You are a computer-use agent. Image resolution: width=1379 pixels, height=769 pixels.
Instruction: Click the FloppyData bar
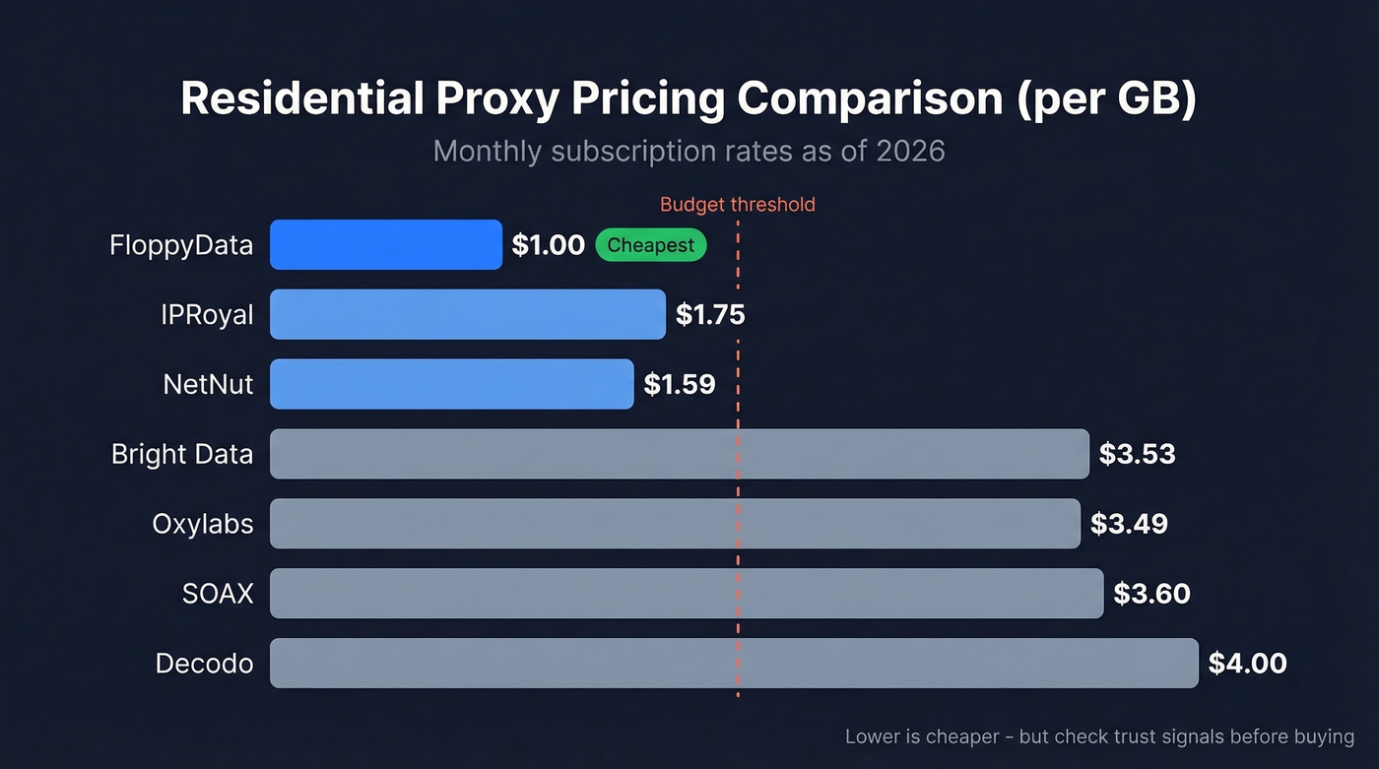click(386, 245)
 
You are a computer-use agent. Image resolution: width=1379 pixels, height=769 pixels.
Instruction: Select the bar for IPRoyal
click(468, 314)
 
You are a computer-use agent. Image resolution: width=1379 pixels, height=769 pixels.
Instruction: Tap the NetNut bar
click(451, 384)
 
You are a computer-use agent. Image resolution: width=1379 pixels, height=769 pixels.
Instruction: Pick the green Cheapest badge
click(650, 245)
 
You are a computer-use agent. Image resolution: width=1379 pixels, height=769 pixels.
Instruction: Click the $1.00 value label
click(548, 245)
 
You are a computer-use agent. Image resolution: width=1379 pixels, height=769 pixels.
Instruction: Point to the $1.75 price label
click(710, 315)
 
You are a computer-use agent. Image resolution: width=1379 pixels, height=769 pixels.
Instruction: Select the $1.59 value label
click(680, 384)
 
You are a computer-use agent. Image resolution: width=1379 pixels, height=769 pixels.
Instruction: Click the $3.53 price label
click(1138, 454)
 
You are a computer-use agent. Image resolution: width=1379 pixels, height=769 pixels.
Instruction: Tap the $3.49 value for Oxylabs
click(1129, 524)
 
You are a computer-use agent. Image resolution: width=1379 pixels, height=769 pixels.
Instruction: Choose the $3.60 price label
click(1151, 594)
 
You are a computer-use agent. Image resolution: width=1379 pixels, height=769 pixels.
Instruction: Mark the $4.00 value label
click(1247, 664)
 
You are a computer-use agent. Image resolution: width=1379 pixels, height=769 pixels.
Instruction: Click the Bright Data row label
click(182, 454)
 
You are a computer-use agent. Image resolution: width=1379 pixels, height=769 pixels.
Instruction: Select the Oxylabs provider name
click(203, 524)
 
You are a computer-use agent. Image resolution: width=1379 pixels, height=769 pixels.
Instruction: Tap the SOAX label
click(218, 594)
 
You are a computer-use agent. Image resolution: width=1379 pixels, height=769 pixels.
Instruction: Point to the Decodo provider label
click(205, 664)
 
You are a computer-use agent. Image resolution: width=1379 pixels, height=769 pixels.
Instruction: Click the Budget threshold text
click(737, 205)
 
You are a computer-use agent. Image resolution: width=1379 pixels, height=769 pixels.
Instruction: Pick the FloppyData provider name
click(181, 245)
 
